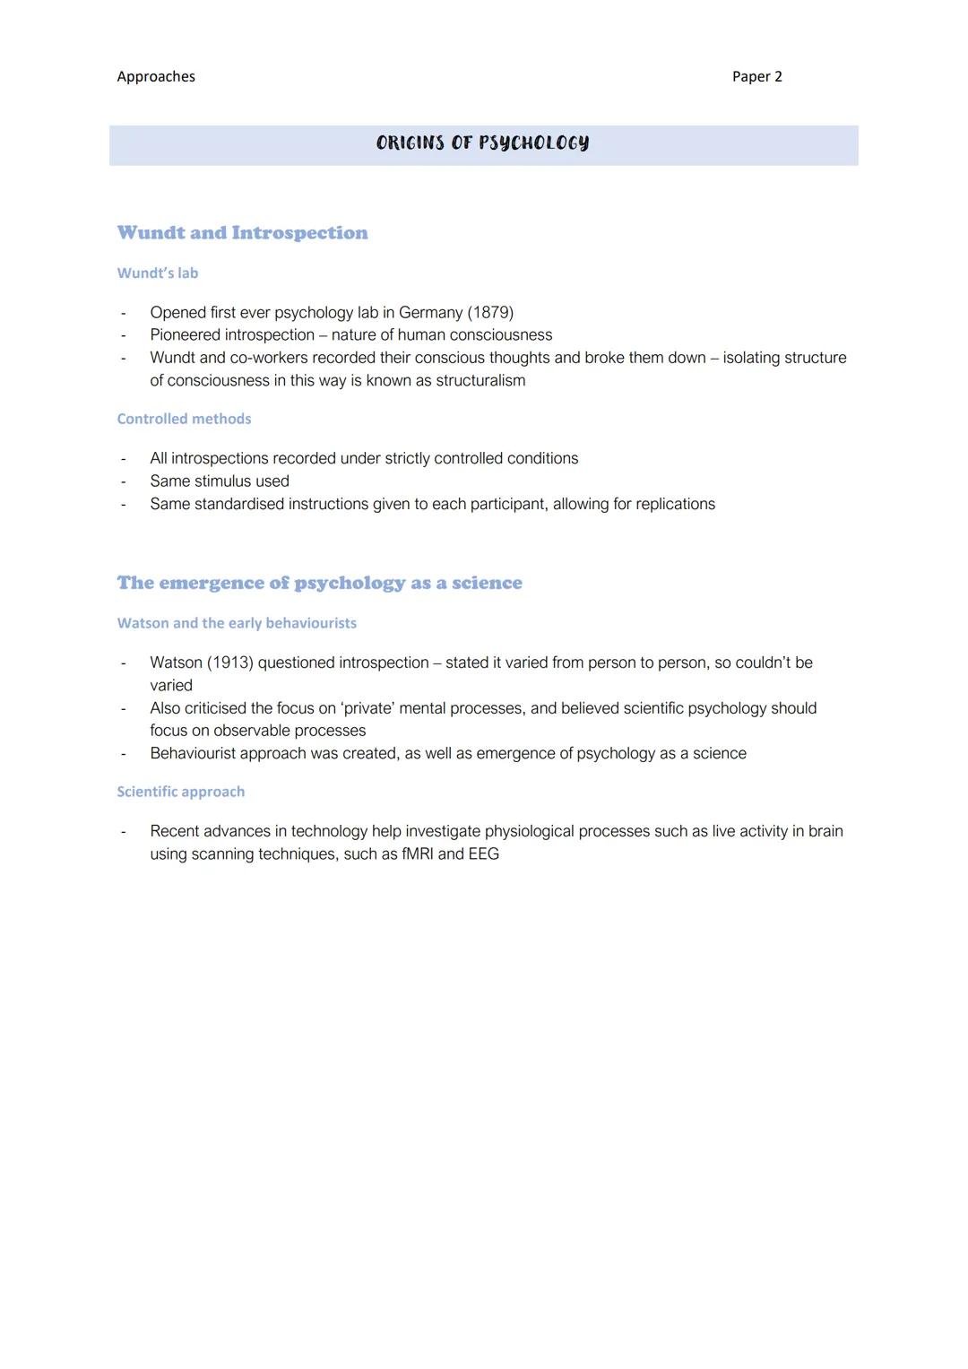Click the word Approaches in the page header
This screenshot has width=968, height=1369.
pyautogui.click(x=156, y=77)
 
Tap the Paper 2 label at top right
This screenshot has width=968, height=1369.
pyautogui.click(x=756, y=77)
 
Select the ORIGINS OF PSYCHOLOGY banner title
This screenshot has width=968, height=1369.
pyautogui.click(x=483, y=143)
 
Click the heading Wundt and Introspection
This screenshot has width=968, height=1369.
pyautogui.click(x=242, y=233)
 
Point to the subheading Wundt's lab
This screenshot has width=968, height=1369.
pyautogui.click(x=158, y=273)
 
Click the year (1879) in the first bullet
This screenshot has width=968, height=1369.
pyautogui.click(x=490, y=313)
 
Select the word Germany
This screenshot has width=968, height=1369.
pyautogui.click(x=430, y=313)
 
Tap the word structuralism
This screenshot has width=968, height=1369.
pyautogui.click(x=480, y=381)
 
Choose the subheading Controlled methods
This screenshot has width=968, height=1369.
pyautogui.click(x=184, y=420)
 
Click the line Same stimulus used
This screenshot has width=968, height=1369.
pyautogui.click(x=220, y=481)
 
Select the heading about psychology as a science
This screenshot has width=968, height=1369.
pyautogui.click(x=319, y=584)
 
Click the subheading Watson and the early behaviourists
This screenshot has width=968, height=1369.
pyautogui.click(x=237, y=623)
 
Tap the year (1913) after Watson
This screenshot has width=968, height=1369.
pyautogui.click(x=229, y=663)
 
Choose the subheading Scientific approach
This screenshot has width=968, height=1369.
pyautogui.click(x=180, y=793)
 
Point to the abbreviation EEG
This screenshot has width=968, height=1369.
pyautogui.click(x=483, y=854)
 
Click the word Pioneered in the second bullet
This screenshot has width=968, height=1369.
pyautogui.click(x=186, y=335)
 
